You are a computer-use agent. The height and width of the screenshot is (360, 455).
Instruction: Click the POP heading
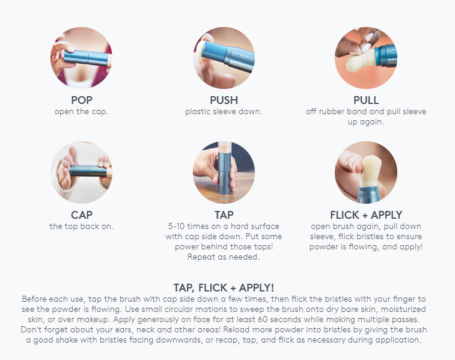[82, 100]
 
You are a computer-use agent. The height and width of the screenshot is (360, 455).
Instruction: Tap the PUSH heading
[224, 100]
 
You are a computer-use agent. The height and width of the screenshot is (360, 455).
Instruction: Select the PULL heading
[366, 100]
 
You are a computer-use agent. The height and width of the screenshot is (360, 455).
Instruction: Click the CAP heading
[82, 215]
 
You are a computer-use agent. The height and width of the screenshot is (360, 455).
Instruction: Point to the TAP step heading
[224, 215]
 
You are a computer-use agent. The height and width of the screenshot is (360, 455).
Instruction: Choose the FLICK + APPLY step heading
[366, 215]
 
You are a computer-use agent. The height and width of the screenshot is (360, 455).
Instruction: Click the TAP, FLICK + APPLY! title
[224, 288]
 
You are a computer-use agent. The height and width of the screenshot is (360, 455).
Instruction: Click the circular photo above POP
[82, 58]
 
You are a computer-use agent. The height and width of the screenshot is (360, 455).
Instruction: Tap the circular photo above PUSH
[224, 58]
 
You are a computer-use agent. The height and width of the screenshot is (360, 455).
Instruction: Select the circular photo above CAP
[82, 172]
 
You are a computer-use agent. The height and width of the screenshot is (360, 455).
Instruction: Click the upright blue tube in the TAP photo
[225, 171]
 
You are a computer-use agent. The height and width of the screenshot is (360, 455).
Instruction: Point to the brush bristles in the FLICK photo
[371, 171]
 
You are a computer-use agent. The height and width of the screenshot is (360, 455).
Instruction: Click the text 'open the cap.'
[82, 112]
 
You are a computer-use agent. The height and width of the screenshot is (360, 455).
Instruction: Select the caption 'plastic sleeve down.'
[224, 112]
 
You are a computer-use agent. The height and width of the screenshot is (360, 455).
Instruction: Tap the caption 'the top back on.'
[82, 226]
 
